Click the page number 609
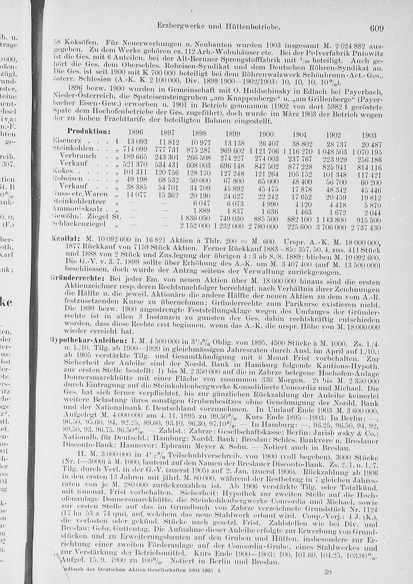pos(377,28)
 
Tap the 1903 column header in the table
pos(368,135)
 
